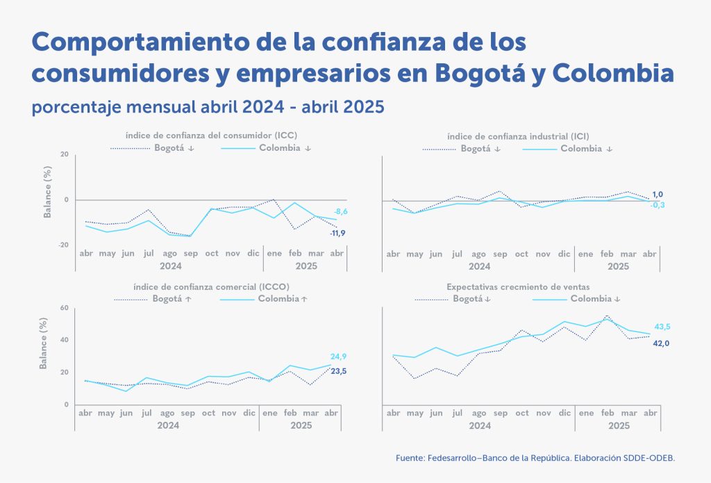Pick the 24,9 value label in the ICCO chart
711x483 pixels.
coord(338,357)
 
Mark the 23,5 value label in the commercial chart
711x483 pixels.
coord(338,372)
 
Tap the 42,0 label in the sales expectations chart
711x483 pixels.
coord(661,343)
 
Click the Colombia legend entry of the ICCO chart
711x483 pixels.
coord(282,299)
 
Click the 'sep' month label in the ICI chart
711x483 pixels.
coord(500,254)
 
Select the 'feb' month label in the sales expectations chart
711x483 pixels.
coord(607,413)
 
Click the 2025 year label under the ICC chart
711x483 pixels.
coord(306,266)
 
